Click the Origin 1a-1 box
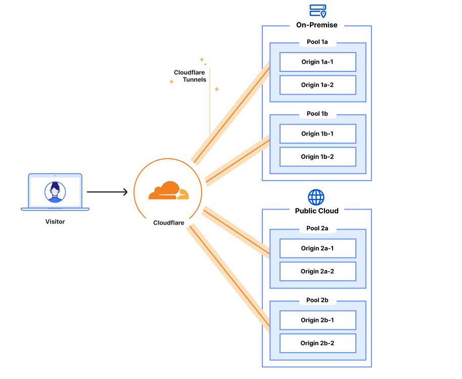[317, 62]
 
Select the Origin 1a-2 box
[317, 85]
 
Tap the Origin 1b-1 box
[317, 134]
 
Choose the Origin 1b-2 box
[317, 157]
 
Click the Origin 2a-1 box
[317, 248]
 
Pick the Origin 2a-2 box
[317, 271]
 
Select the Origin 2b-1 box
[317, 320]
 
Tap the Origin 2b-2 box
[317, 343]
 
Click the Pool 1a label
[317, 42]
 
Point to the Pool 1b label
[317, 114]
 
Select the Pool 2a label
[317, 228]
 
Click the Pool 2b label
[317, 300]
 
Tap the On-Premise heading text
[317, 25]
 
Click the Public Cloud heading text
[317, 210]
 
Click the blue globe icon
[316, 197]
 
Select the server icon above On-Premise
[318, 11]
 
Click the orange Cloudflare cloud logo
[168, 191]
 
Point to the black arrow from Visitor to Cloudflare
[107, 192]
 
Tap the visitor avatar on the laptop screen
[55, 192]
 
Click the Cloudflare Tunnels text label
[190, 76]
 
